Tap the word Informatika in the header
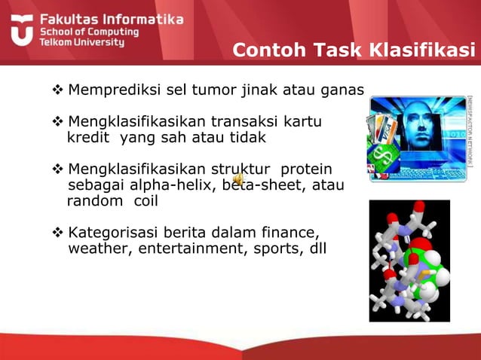pyautogui.click(x=142, y=19)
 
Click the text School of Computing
pyautogui.click(x=89, y=32)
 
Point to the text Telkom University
pyautogui.click(x=82, y=43)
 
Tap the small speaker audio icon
pyautogui.click(x=237, y=179)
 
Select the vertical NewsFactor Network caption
pyautogui.click(x=470, y=131)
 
